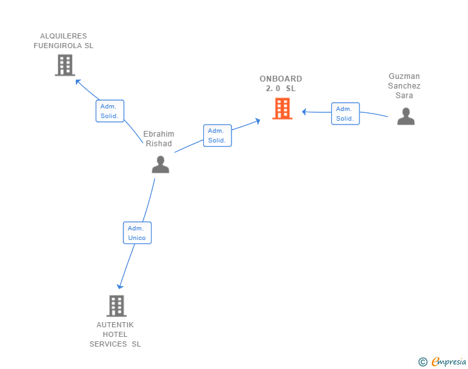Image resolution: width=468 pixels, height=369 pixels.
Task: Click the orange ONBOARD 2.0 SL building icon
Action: pos(282,108)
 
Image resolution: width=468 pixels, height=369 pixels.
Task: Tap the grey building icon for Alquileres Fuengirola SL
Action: pos(65,65)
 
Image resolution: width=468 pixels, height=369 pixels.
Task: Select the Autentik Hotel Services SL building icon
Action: pos(116,306)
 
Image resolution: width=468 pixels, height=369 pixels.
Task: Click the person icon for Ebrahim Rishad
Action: pos(160,164)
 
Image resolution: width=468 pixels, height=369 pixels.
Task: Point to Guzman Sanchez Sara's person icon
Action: pos(406,116)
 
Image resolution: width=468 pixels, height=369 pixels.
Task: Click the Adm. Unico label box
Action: pos(137,232)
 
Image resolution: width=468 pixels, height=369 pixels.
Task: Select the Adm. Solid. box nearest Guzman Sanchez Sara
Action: pos(345,114)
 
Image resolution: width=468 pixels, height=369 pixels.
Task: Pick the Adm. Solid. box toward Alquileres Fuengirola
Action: pos(109,111)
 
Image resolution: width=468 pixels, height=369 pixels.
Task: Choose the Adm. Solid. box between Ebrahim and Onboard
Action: pos(217,135)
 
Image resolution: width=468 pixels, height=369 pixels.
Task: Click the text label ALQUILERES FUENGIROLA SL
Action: pos(64,41)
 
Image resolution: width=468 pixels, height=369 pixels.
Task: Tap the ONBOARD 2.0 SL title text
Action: pos(281,83)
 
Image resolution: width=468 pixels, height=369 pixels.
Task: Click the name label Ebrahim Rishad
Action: pos(159,139)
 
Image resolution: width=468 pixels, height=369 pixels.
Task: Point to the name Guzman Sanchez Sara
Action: pos(404,86)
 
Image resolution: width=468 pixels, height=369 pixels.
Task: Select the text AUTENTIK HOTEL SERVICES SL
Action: pos(115,334)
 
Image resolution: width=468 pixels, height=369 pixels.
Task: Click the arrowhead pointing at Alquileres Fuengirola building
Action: pos(78,81)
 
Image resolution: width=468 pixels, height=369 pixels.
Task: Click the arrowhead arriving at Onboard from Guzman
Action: pos(305,112)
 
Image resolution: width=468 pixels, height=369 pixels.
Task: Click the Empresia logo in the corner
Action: pos(448,362)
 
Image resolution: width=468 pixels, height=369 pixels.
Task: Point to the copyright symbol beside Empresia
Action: pos(422,362)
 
